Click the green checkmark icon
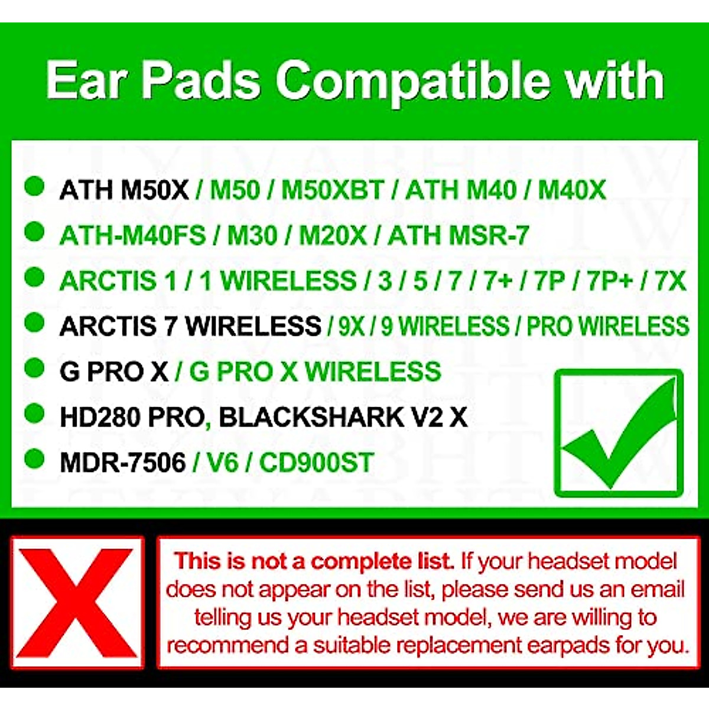(x=619, y=433)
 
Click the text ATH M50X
(x=124, y=190)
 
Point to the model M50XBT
(x=332, y=190)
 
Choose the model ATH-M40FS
(x=132, y=236)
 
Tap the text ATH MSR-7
(x=458, y=236)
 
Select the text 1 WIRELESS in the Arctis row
(x=278, y=281)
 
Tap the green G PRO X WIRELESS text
(x=315, y=372)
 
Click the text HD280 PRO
(x=131, y=417)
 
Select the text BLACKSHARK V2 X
(x=343, y=417)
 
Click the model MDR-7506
(x=123, y=462)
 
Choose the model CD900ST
(x=316, y=462)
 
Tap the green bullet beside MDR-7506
(x=35, y=458)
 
